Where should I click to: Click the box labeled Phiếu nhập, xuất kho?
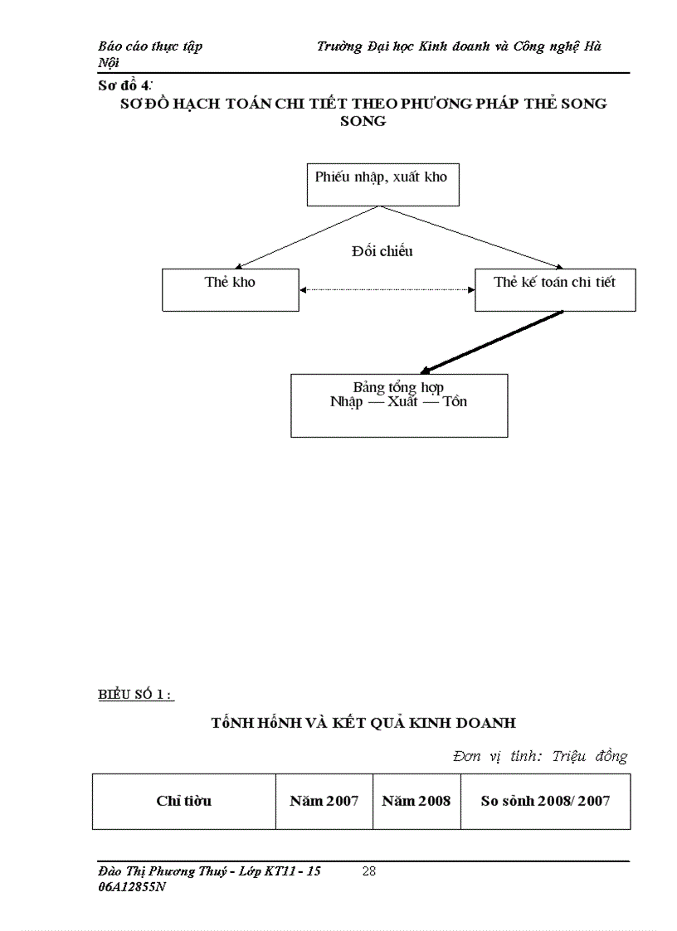381,184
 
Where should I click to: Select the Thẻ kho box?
230,289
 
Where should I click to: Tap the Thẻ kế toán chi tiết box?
555,289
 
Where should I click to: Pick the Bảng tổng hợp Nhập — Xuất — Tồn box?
398,405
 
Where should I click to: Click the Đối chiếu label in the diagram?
382,251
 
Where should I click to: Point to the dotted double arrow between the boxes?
387,289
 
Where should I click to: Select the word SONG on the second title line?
363,121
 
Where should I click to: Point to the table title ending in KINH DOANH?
363,723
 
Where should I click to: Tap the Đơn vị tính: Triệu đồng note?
540,756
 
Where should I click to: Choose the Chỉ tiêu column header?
183,801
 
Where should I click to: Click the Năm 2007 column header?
324,801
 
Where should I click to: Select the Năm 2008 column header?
416,801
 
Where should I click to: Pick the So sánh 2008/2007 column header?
545,801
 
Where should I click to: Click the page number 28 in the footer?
369,871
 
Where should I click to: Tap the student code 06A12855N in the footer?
132,886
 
